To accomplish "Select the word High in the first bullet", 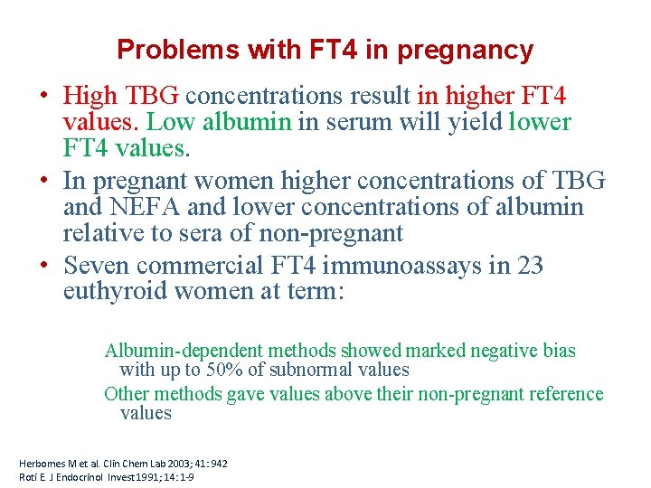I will point(91,95).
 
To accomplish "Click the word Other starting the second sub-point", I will point(127,394).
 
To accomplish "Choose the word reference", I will point(566,394).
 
